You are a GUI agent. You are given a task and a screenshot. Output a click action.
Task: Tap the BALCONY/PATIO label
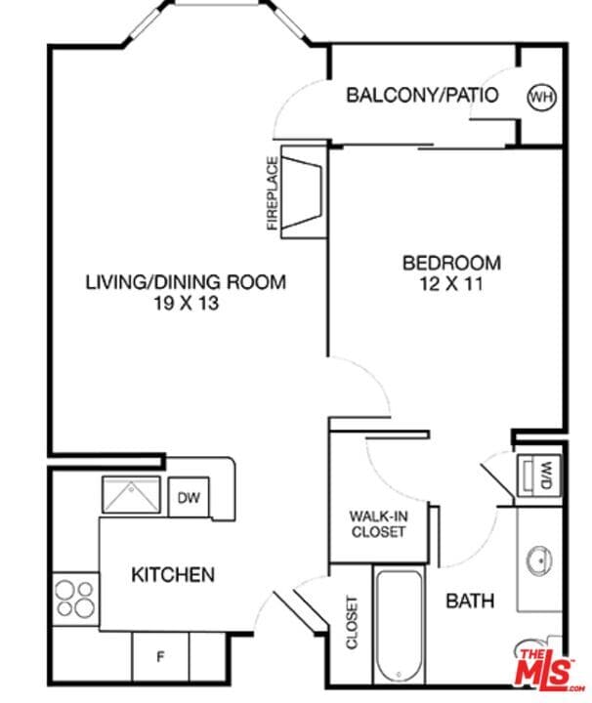click(422, 96)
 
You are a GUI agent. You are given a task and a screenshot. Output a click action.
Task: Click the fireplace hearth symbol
click(304, 192)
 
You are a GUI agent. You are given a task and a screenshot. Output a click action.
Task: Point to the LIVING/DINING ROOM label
click(186, 282)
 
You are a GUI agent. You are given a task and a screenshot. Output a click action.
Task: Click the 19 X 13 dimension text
click(186, 303)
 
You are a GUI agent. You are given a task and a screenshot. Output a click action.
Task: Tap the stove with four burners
click(75, 598)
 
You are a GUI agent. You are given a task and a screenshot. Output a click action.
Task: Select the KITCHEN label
click(173, 574)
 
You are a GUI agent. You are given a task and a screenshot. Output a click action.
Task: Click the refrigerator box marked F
click(160, 656)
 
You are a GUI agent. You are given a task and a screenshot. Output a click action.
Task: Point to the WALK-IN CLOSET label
click(378, 523)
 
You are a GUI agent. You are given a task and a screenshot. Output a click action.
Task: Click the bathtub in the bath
click(399, 626)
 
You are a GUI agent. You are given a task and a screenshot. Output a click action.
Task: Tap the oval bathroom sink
click(538, 561)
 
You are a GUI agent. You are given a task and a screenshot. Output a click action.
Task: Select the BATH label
click(470, 600)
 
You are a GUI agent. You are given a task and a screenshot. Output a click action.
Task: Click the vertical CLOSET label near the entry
click(352, 623)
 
